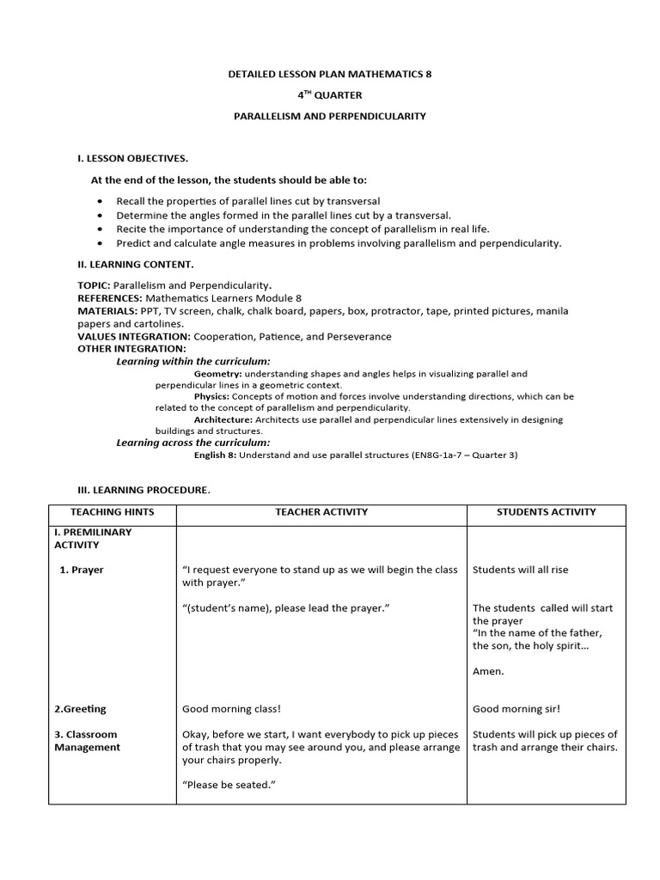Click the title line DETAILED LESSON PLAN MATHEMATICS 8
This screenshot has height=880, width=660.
tap(330, 75)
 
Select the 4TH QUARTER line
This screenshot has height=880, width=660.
tap(330, 95)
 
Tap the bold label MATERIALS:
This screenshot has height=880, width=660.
tap(107, 310)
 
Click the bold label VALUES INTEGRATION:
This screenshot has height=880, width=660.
tap(134, 336)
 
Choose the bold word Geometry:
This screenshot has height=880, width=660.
tap(218, 375)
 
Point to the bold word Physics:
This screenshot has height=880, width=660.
tap(212, 397)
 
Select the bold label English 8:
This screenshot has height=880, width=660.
tap(219, 455)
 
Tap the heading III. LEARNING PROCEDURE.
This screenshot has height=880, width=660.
tap(144, 490)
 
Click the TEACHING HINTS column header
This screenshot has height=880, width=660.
tap(113, 512)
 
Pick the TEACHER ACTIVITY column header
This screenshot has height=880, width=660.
tap(321, 512)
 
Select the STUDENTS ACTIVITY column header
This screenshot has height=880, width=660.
tap(546, 512)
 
